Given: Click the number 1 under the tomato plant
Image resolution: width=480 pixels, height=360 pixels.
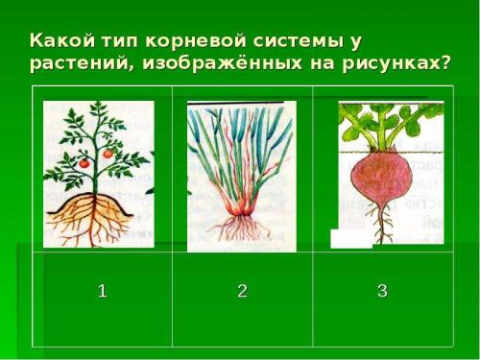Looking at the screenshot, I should click(102, 292).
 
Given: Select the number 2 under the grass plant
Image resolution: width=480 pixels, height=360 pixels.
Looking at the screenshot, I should click(242, 292).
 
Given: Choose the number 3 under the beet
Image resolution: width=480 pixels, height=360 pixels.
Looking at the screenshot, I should click(382, 292).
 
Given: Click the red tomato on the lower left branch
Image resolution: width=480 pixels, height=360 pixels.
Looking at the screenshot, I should click(84, 163).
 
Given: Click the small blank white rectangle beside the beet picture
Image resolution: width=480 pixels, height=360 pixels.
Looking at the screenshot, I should click(350, 239).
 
